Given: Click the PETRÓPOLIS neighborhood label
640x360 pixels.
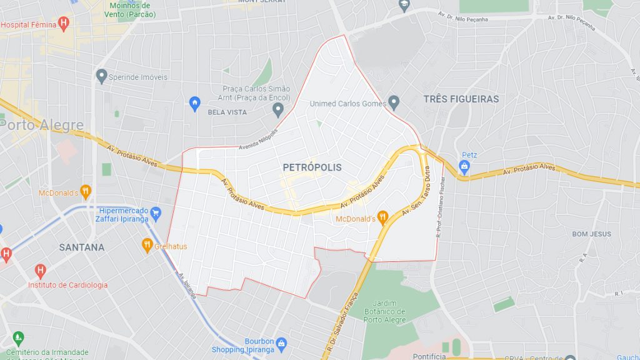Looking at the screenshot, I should click(312, 167).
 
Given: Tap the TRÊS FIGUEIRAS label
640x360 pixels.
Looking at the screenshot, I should click(461, 99).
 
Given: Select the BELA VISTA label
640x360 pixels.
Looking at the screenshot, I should click(227, 112).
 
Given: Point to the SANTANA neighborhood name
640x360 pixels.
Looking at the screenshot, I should click(82, 247).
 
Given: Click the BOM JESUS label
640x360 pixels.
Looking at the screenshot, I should click(591, 234).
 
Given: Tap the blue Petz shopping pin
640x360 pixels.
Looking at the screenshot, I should click(464, 166).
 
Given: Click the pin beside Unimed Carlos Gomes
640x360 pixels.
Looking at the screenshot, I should click(393, 101).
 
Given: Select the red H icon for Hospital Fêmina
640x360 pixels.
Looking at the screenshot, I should click(62, 24).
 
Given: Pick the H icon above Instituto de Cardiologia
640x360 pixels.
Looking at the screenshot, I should click(41, 271).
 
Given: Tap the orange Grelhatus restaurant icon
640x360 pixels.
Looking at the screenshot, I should click(147, 245).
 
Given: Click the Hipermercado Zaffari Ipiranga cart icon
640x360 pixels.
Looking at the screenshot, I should click(156, 213).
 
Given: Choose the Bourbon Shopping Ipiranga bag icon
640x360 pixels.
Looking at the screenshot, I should click(281, 343).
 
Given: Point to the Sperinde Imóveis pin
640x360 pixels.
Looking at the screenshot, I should click(102, 76).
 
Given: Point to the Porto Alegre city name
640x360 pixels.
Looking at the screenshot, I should click(41, 125).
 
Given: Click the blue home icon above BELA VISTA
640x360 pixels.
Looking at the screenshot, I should click(194, 101).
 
